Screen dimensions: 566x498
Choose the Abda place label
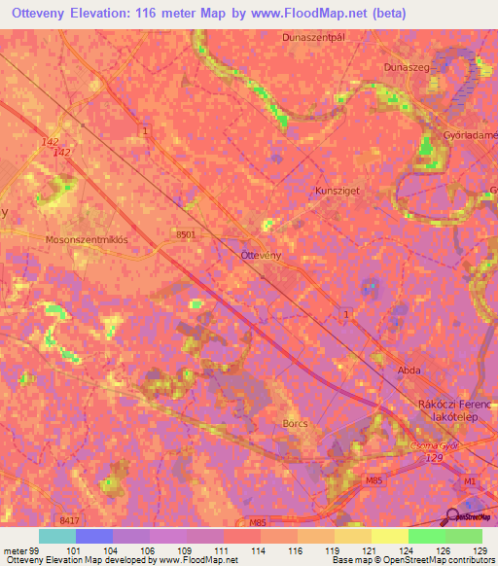(409, 371)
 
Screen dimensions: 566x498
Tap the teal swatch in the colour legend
(57, 536)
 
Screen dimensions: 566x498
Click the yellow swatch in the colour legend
(389, 536)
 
